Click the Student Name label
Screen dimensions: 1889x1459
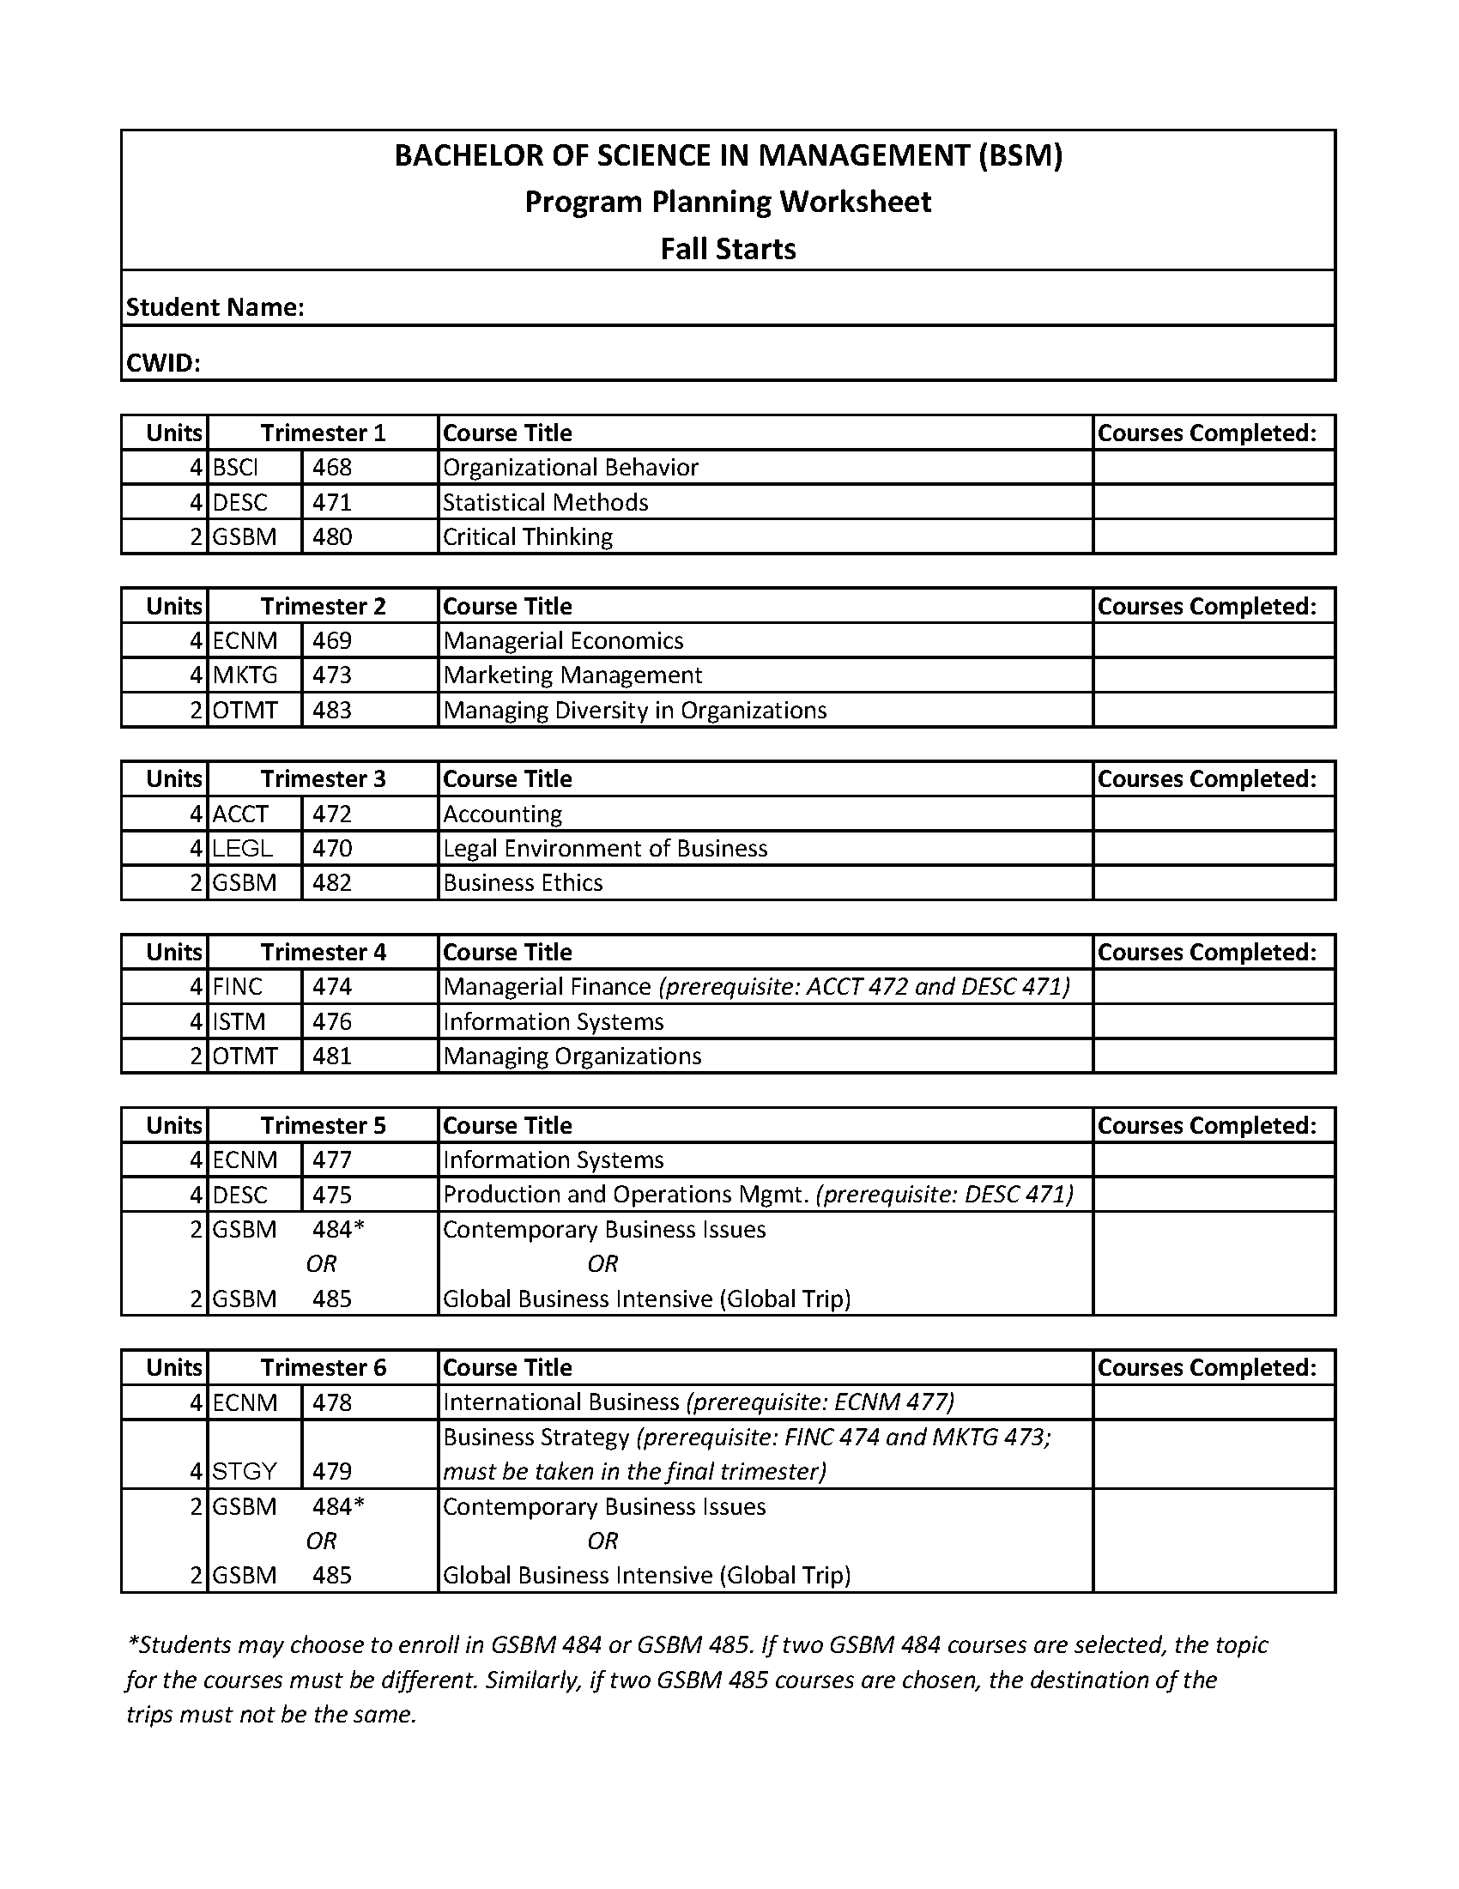(x=215, y=307)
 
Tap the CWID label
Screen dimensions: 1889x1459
(x=163, y=362)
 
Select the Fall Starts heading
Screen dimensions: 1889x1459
(x=728, y=249)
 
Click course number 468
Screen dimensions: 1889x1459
(x=332, y=468)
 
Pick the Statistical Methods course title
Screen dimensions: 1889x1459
(x=546, y=503)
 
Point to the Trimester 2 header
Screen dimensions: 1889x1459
(x=324, y=606)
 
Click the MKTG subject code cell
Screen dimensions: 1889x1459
(x=245, y=675)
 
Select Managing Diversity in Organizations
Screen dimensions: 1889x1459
(x=635, y=710)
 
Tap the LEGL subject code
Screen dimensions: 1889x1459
(x=243, y=849)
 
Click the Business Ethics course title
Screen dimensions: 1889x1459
(x=523, y=883)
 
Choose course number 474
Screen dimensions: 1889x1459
(x=332, y=987)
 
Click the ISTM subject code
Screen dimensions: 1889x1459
(x=239, y=1021)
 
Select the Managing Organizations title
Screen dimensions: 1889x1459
(x=572, y=1057)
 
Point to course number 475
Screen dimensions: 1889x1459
(x=332, y=1195)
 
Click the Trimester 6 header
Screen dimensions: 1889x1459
(x=324, y=1367)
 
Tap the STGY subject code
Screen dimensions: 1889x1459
(x=245, y=1471)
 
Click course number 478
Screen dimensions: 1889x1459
(x=332, y=1402)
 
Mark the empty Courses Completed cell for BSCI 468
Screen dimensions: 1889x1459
(x=1214, y=468)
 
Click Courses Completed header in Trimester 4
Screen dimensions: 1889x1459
(x=1207, y=953)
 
